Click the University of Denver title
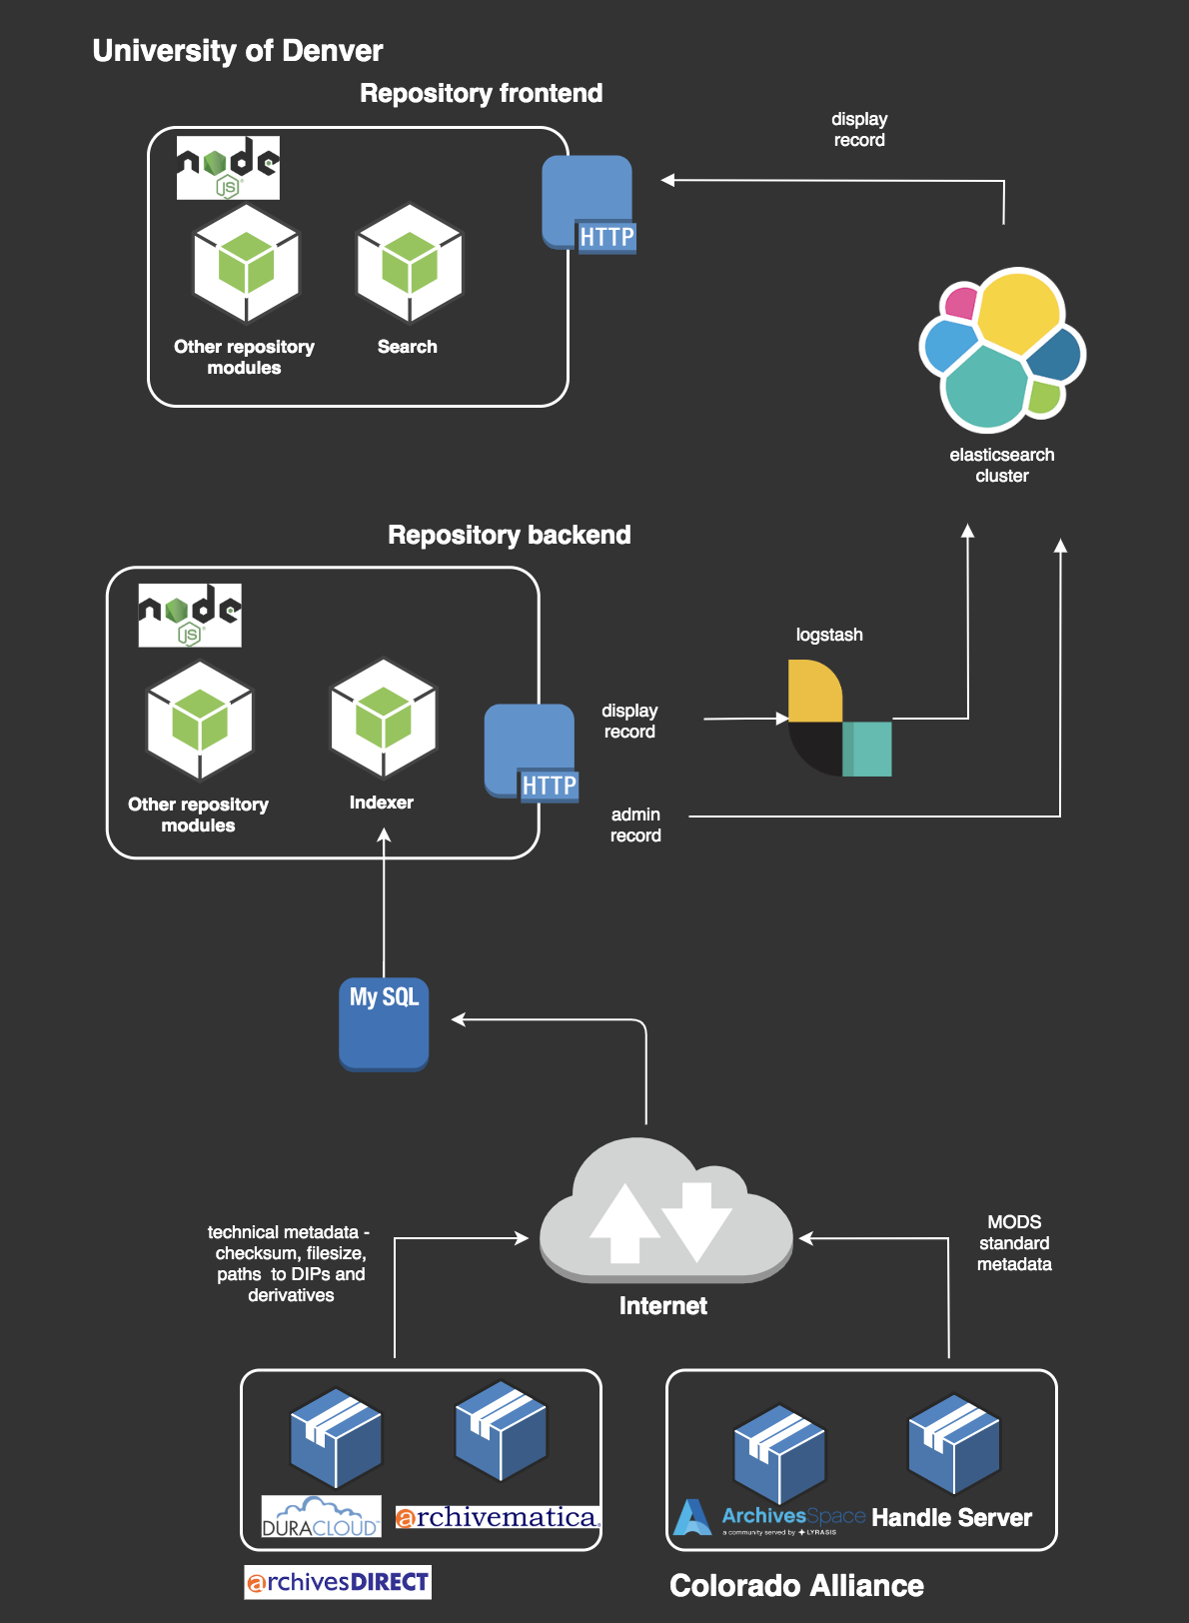(237, 51)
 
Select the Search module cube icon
(410, 264)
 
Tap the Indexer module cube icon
(384, 719)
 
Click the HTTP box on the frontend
(589, 204)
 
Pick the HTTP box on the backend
(531, 752)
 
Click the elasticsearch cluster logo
(1001, 349)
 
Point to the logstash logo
(839, 718)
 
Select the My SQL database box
(384, 1024)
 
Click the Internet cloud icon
(664, 1213)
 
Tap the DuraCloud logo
(321, 1516)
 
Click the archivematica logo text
(498, 1517)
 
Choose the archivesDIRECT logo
(338, 1582)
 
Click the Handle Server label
(951, 1517)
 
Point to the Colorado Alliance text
(796, 1585)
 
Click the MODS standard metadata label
(1014, 1243)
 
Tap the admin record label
(635, 825)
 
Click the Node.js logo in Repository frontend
(228, 168)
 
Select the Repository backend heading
(509, 535)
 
